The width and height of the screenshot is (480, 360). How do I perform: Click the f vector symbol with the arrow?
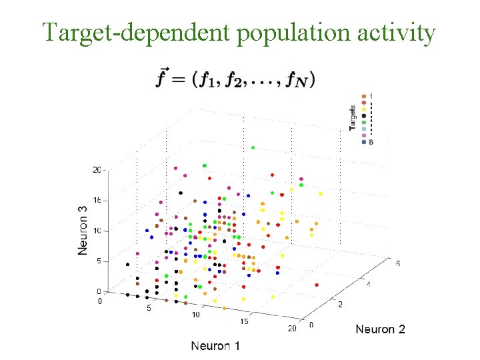(x=163, y=78)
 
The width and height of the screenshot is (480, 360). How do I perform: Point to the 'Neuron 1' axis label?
(x=215, y=345)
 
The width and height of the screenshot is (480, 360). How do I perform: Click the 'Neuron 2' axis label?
(x=380, y=329)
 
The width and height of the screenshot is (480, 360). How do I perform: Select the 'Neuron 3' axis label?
(x=83, y=228)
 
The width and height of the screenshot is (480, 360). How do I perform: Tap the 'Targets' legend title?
(x=352, y=117)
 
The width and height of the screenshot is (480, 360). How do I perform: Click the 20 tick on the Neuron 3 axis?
(x=97, y=170)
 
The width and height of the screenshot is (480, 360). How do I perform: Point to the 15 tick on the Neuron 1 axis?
(x=244, y=322)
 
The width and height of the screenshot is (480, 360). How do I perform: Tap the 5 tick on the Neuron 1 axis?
(x=149, y=308)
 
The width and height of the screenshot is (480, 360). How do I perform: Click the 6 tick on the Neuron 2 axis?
(x=397, y=263)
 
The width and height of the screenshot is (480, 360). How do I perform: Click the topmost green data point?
(x=253, y=147)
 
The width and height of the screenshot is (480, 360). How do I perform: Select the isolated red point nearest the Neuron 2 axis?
(x=316, y=284)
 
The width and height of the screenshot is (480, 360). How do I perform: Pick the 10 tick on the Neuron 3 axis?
(x=97, y=231)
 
